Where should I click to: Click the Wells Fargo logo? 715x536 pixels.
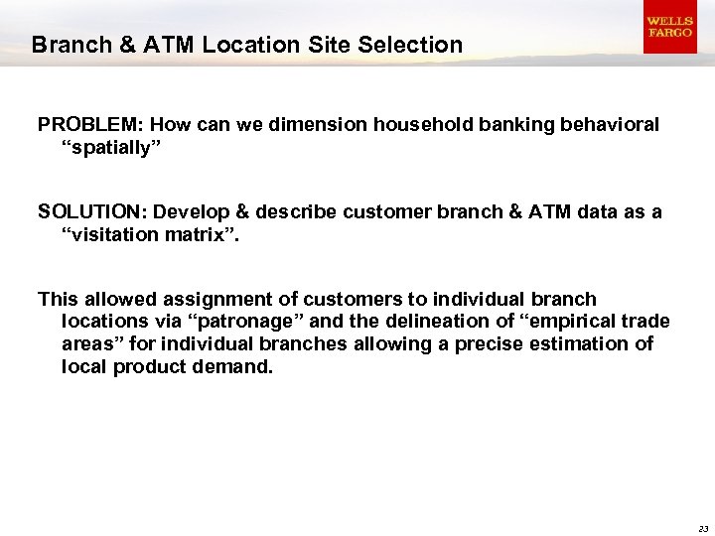[669, 27]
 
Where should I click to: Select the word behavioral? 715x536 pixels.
[610, 125]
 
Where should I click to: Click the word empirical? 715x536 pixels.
[575, 322]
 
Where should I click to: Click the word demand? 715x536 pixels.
[237, 366]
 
